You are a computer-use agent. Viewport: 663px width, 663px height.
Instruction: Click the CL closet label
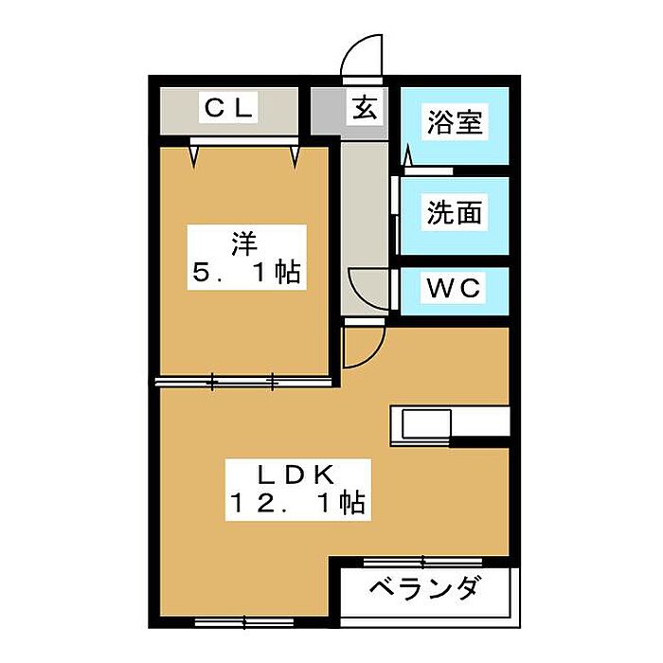click(x=228, y=108)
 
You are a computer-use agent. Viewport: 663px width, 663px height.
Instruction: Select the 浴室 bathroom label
click(x=455, y=122)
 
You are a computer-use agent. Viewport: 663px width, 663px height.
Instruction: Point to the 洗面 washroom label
click(x=454, y=212)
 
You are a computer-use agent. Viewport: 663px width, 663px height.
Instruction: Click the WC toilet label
click(x=454, y=288)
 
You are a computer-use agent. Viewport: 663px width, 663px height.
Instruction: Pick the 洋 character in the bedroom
click(x=244, y=244)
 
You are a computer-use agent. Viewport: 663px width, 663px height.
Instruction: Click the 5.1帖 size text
click(x=246, y=272)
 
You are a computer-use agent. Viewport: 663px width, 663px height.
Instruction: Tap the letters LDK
click(x=296, y=475)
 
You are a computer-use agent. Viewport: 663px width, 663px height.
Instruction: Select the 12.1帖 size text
click(x=297, y=503)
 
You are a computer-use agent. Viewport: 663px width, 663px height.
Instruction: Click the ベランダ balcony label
click(x=425, y=588)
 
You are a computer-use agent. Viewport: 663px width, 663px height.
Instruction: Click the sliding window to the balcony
click(x=422, y=562)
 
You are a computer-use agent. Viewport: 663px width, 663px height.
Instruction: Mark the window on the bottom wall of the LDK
click(x=244, y=622)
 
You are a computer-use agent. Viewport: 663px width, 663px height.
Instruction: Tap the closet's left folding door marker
click(x=193, y=155)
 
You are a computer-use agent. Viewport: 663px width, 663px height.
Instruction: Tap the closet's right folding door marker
click(x=295, y=155)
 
